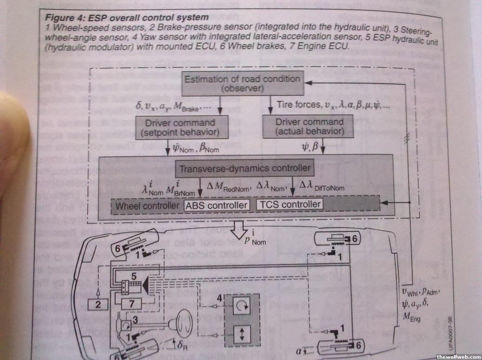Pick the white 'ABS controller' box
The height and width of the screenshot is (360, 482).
[x=217, y=205]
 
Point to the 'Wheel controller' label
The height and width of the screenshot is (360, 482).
[x=147, y=205]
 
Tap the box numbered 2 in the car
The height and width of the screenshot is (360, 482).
[x=98, y=304]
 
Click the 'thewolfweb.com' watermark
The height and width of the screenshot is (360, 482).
[x=458, y=356]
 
